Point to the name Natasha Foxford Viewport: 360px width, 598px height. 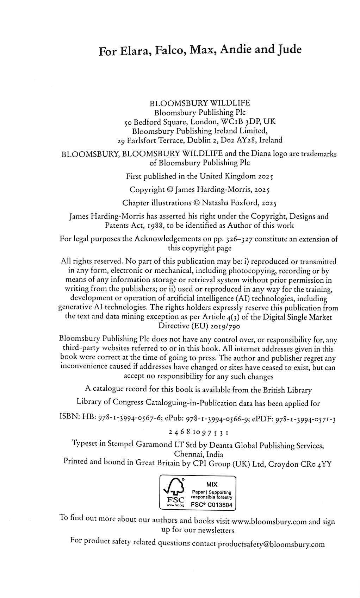point(229,203)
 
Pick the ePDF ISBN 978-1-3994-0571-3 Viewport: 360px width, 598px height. point(305,419)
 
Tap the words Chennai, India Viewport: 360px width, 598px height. point(199,454)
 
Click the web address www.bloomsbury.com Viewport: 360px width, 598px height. point(269,521)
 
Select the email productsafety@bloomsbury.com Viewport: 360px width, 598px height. point(271,544)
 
